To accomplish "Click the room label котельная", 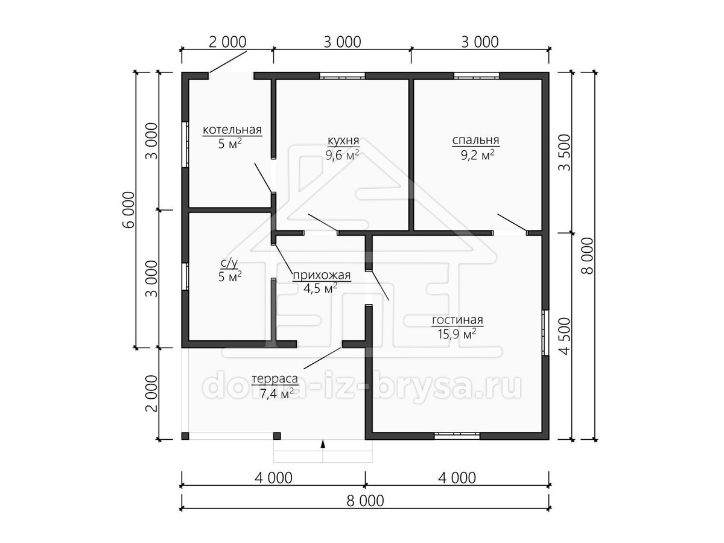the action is point(232,130).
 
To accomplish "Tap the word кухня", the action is point(343,141).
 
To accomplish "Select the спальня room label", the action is point(475,141).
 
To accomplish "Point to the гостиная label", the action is point(457,320).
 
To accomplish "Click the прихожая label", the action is point(322,275).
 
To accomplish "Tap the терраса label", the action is point(275,379).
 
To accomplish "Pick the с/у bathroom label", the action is point(229,263).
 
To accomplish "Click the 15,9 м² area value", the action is point(457,334).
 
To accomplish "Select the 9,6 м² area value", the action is point(342,154).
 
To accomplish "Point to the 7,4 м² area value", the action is point(277,393).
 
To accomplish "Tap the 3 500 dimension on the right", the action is point(564,153).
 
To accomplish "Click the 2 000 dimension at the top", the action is point(227,42).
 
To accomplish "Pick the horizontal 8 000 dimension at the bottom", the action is point(366,501).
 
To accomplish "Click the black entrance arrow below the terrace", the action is point(323,444).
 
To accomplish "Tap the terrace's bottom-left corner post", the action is point(185,436).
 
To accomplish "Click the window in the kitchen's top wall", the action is point(342,76).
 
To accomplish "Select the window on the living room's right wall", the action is point(545,332).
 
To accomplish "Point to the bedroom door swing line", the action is point(512,223).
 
